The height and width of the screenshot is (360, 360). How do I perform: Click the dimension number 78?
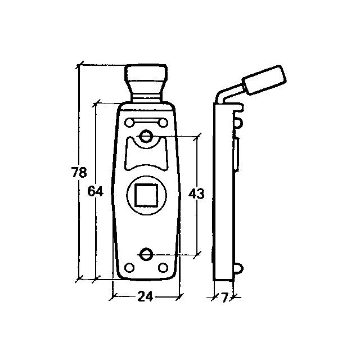[79, 172]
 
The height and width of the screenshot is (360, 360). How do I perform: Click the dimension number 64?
[96, 191]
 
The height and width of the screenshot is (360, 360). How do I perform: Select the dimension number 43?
[196, 193]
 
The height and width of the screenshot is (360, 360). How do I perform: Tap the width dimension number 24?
[145, 296]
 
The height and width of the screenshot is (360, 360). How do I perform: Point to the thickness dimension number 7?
[225, 298]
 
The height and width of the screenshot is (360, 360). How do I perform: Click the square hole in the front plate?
[146, 195]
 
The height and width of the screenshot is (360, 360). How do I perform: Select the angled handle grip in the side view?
[264, 79]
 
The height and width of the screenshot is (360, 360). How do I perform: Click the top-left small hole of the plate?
[129, 123]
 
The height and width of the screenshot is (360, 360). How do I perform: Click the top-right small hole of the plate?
[163, 123]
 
